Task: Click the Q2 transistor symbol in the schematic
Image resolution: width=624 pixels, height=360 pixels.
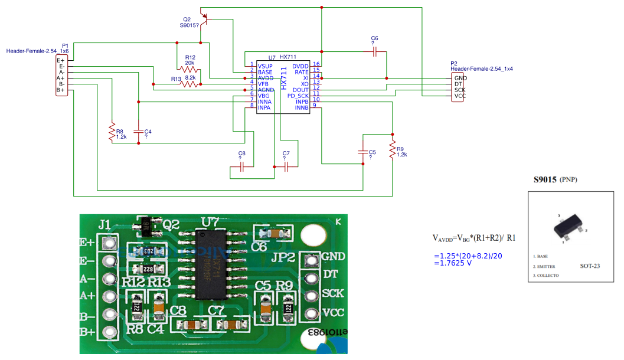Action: (204, 17)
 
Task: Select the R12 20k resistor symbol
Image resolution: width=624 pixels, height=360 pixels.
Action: (189, 70)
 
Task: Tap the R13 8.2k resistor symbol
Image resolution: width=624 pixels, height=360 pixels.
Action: (189, 84)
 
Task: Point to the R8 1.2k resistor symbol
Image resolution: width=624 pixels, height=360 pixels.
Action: (111, 132)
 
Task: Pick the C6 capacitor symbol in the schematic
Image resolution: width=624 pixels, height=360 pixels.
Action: (374, 51)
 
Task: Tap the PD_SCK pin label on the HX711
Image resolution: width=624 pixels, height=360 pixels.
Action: (298, 96)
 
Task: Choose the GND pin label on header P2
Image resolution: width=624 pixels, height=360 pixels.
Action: (460, 78)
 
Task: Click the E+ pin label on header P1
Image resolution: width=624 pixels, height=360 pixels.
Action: (60, 60)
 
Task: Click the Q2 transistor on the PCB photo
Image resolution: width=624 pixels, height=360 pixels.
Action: (147, 224)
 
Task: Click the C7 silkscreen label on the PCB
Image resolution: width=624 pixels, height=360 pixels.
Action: (216, 310)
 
